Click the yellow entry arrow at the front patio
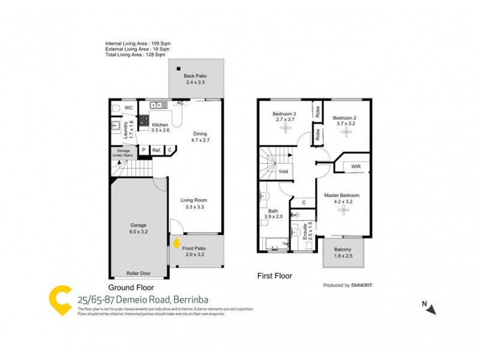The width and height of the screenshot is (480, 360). [176, 243]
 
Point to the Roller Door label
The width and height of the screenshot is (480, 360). [139, 273]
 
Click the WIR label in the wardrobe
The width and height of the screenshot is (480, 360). [355, 166]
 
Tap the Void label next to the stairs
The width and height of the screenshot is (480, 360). [284, 172]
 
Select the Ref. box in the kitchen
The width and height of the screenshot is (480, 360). [156, 150]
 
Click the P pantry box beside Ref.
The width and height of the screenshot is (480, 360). [143, 150]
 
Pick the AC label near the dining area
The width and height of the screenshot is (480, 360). [179, 103]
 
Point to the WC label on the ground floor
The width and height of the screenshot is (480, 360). [128, 108]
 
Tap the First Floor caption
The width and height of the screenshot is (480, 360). [275, 277]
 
